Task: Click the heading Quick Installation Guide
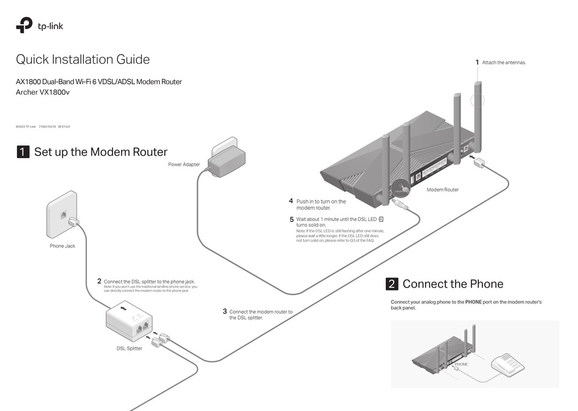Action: (x=82, y=60)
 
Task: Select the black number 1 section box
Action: (x=23, y=152)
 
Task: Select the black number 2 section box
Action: (x=392, y=284)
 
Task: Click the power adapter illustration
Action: (x=226, y=157)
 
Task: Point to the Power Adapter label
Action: (x=184, y=164)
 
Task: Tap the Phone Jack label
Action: (x=62, y=246)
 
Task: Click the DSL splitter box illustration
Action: (x=130, y=321)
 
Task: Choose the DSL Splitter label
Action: (x=129, y=348)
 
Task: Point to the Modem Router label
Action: (x=442, y=190)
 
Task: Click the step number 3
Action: (x=225, y=311)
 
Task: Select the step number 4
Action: (x=291, y=201)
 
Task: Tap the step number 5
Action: (x=291, y=219)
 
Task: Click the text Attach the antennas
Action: (x=504, y=63)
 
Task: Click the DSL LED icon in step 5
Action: (x=381, y=219)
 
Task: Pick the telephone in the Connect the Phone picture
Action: (x=507, y=364)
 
